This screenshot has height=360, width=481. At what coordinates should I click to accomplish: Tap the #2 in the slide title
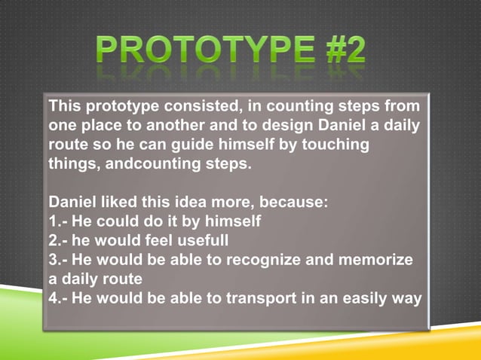click(x=338, y=51)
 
